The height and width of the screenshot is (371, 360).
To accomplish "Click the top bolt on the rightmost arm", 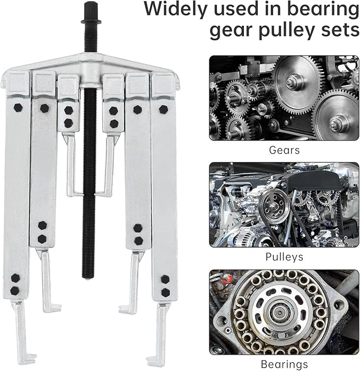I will (163, 109).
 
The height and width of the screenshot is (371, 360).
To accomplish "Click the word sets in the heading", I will (340, 31).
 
